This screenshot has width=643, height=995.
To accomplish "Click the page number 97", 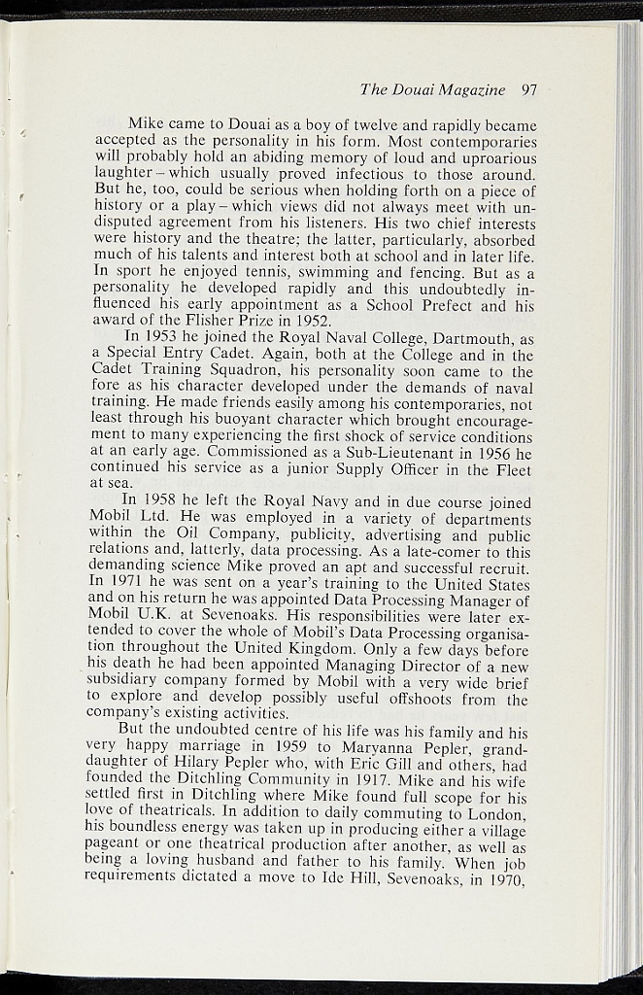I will (528, 90).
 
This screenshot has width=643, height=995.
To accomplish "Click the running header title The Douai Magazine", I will (432, 90).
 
